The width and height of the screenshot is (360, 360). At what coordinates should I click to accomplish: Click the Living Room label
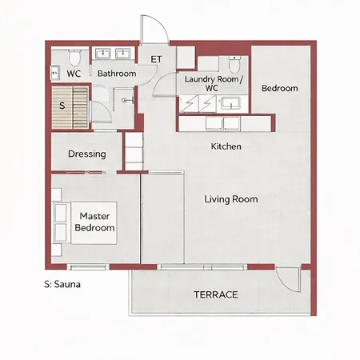point(231,199)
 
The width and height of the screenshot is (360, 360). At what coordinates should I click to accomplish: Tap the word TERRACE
point(216,294)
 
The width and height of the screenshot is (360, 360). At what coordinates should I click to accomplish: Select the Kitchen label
point(226,146)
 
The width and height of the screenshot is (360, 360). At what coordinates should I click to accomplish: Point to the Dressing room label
point(87,154)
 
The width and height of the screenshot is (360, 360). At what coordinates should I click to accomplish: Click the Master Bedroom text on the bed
point(94,222)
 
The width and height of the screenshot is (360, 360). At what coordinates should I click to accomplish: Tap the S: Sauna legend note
point(62,284)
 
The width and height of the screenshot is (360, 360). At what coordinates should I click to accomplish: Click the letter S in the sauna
point(62,106)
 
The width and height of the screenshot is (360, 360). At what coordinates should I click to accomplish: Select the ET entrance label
point(156,59)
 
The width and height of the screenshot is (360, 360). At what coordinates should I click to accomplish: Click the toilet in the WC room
point(74,58)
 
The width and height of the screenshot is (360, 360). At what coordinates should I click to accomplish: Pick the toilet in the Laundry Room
point(234,64)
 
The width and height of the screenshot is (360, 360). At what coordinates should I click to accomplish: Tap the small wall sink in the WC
point(54,73)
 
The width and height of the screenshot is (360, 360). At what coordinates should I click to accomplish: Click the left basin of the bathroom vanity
point(103,54)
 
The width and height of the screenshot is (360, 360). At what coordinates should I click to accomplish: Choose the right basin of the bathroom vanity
point(123,54)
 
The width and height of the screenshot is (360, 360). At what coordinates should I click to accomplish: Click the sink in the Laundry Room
point(230,103)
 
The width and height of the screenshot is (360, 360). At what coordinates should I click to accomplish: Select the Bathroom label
point(117,74)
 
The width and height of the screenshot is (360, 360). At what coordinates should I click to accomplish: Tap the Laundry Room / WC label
point(214,83)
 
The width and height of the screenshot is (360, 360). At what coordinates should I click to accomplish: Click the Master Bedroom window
point(88,266)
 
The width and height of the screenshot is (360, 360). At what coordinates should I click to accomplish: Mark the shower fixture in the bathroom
point(129,100)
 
